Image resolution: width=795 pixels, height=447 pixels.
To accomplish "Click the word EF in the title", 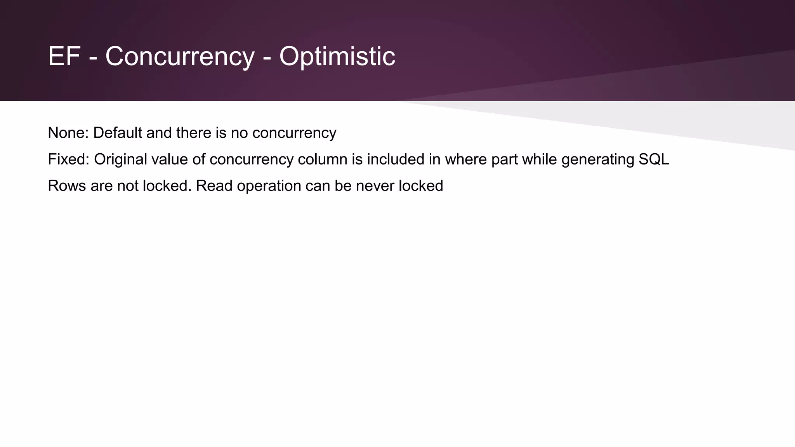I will tap(64, 57).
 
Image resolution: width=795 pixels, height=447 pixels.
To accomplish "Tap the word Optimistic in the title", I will tap(337, 57).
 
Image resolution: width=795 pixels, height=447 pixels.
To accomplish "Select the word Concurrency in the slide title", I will tap(179, 57).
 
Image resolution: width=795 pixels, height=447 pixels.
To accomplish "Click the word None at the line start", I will tap(68, 133).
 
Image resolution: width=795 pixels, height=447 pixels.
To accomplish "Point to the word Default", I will tap(117, 133).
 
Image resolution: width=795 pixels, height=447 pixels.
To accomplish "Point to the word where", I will tap(465, 159).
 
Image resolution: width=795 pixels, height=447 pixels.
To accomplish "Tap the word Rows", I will tap(66, 186).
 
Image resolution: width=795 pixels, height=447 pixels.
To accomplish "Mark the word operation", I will tap(269, 186).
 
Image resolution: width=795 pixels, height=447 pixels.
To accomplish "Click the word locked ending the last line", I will tap(421, 186).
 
